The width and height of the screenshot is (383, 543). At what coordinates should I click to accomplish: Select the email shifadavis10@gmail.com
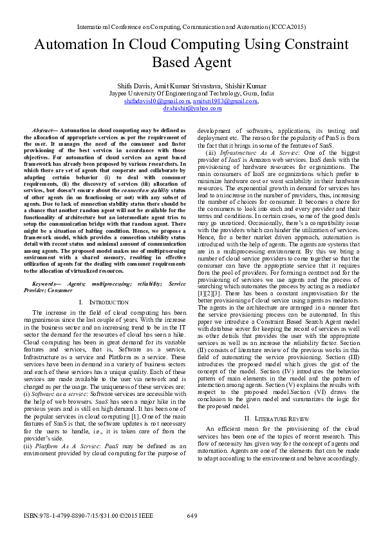pos(157,101)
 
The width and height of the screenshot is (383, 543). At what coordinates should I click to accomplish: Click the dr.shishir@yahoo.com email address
pos(192,109)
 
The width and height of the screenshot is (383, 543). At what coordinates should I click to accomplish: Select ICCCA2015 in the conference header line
pos(287,28)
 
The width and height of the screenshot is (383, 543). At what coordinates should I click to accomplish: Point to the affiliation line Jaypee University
pos(191,94)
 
